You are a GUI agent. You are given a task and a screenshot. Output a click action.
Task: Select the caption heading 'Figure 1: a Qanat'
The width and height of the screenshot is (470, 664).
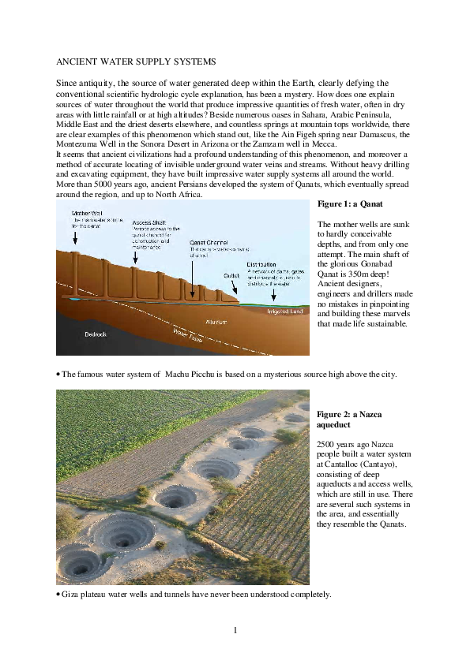(x=350, y=204)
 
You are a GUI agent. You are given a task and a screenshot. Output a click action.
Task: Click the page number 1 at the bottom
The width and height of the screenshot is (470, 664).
(x=235, y=629)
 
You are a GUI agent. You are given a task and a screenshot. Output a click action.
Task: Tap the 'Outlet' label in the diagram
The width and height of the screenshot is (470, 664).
(x=231, y=276)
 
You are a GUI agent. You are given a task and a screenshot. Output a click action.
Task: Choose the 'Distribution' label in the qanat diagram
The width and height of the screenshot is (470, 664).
(x=261, y=264)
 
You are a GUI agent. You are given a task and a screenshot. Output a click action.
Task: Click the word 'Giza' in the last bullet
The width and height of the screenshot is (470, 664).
(x=72, y=593)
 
